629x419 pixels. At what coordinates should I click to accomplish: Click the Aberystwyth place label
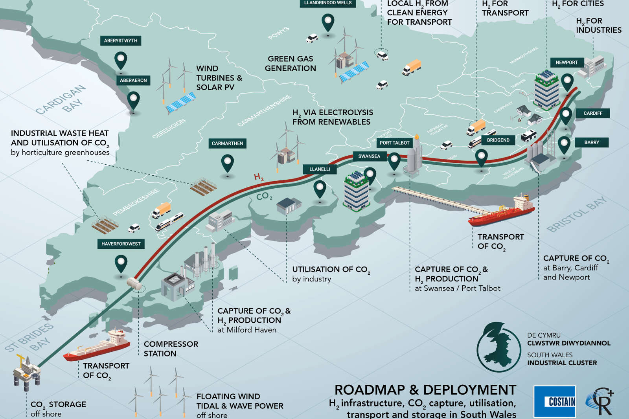121,40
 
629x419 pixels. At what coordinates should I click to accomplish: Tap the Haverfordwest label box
121,244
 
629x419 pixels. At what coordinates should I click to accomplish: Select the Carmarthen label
227,143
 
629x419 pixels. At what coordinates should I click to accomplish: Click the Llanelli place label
320,169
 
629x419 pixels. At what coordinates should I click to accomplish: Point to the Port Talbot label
394,143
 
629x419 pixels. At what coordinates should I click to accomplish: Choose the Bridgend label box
498,140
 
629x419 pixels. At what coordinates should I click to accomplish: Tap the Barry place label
591,142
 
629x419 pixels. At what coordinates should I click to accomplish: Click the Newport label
566,62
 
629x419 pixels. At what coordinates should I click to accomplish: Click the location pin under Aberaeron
133,100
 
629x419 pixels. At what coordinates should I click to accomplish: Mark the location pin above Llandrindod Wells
328,22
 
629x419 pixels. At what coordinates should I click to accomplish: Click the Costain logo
554,401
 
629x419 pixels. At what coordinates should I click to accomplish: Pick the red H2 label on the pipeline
259,177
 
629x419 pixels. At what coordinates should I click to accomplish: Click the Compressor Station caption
171,349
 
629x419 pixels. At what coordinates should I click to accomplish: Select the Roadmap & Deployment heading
425,390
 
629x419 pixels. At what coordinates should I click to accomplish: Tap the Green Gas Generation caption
290,63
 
